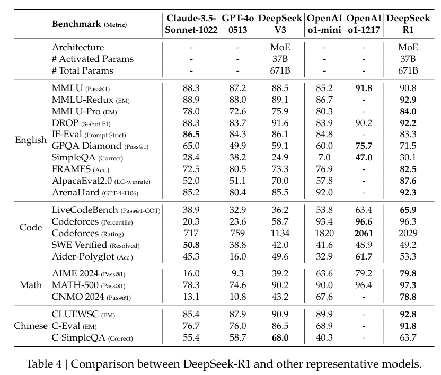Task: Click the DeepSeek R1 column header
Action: [408, 24]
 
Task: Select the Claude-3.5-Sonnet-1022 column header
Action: [191, 24]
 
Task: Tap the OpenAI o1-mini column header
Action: [324, 24]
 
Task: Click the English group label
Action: [31, 140]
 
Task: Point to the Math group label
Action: [31, 285]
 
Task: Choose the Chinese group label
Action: [31, 326]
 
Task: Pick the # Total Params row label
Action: [82, 70]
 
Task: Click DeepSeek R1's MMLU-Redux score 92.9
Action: [408, 100]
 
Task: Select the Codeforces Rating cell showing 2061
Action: [364, 234]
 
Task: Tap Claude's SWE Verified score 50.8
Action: [191, 245]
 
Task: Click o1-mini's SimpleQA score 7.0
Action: [324, 157]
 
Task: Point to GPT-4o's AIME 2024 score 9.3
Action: [237, 273]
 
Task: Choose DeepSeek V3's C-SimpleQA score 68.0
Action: [280, 337]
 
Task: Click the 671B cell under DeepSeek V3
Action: [280, 70]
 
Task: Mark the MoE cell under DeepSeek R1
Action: [408, 47]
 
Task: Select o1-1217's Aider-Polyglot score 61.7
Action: [364, 257]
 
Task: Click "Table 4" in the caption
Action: [44, 364]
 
